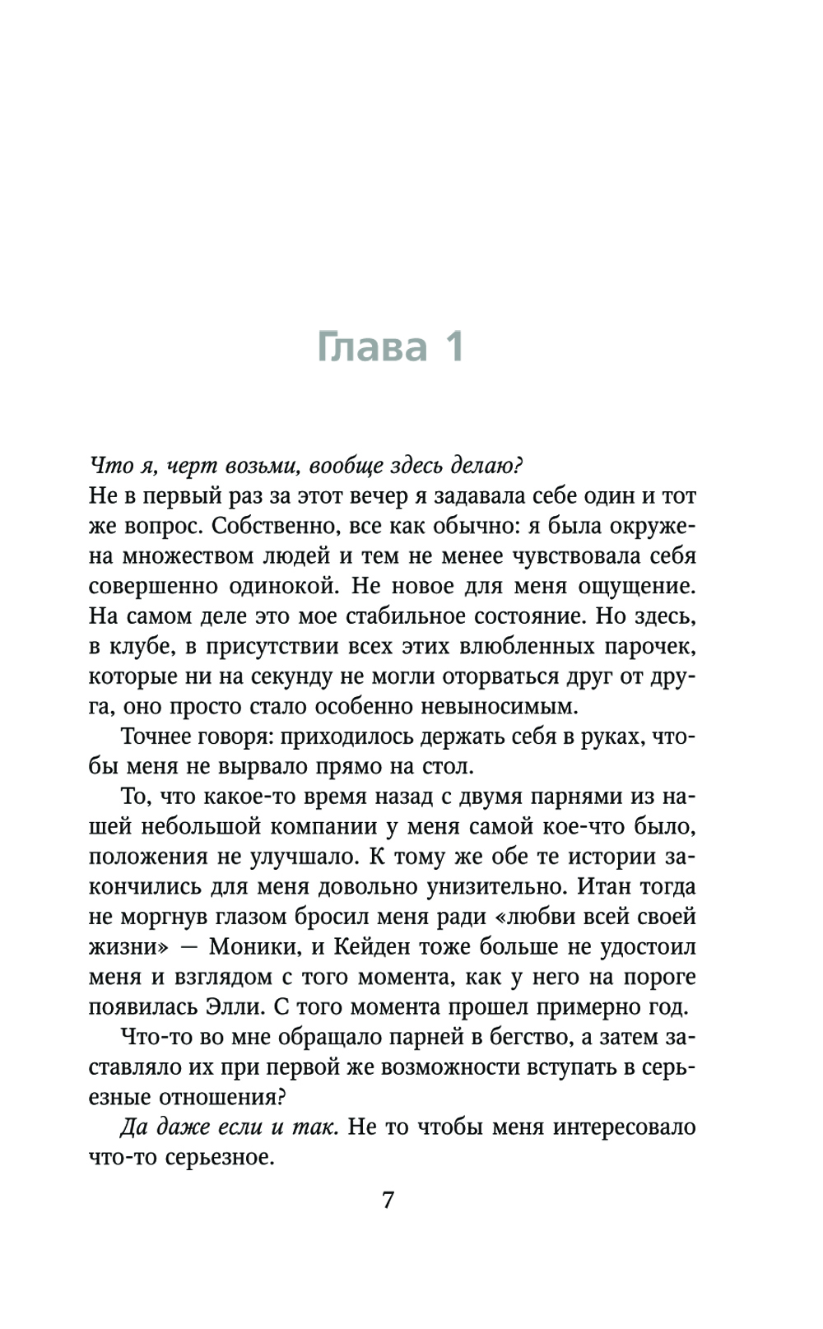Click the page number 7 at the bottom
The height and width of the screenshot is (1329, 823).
tap(388, 1200)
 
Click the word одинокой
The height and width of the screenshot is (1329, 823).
tap(280, 586)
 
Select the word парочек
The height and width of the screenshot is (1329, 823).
tap(649, 646)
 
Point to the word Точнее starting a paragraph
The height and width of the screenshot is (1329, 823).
tap(157, 736)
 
